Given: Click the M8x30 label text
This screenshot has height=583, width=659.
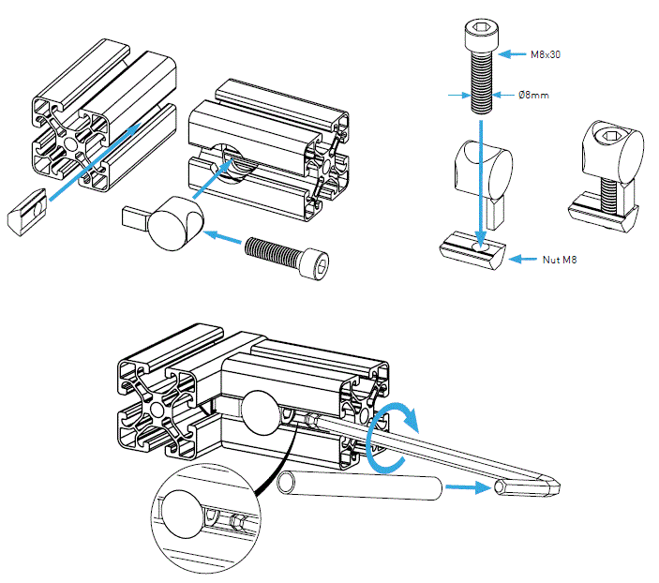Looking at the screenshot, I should [x=546, y=55].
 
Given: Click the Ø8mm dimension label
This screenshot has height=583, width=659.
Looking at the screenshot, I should [x=535, y=96].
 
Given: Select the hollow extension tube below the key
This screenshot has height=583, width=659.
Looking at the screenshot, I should [x=361, y=487].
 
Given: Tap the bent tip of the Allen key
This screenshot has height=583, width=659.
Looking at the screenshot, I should [x=531, y=487].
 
